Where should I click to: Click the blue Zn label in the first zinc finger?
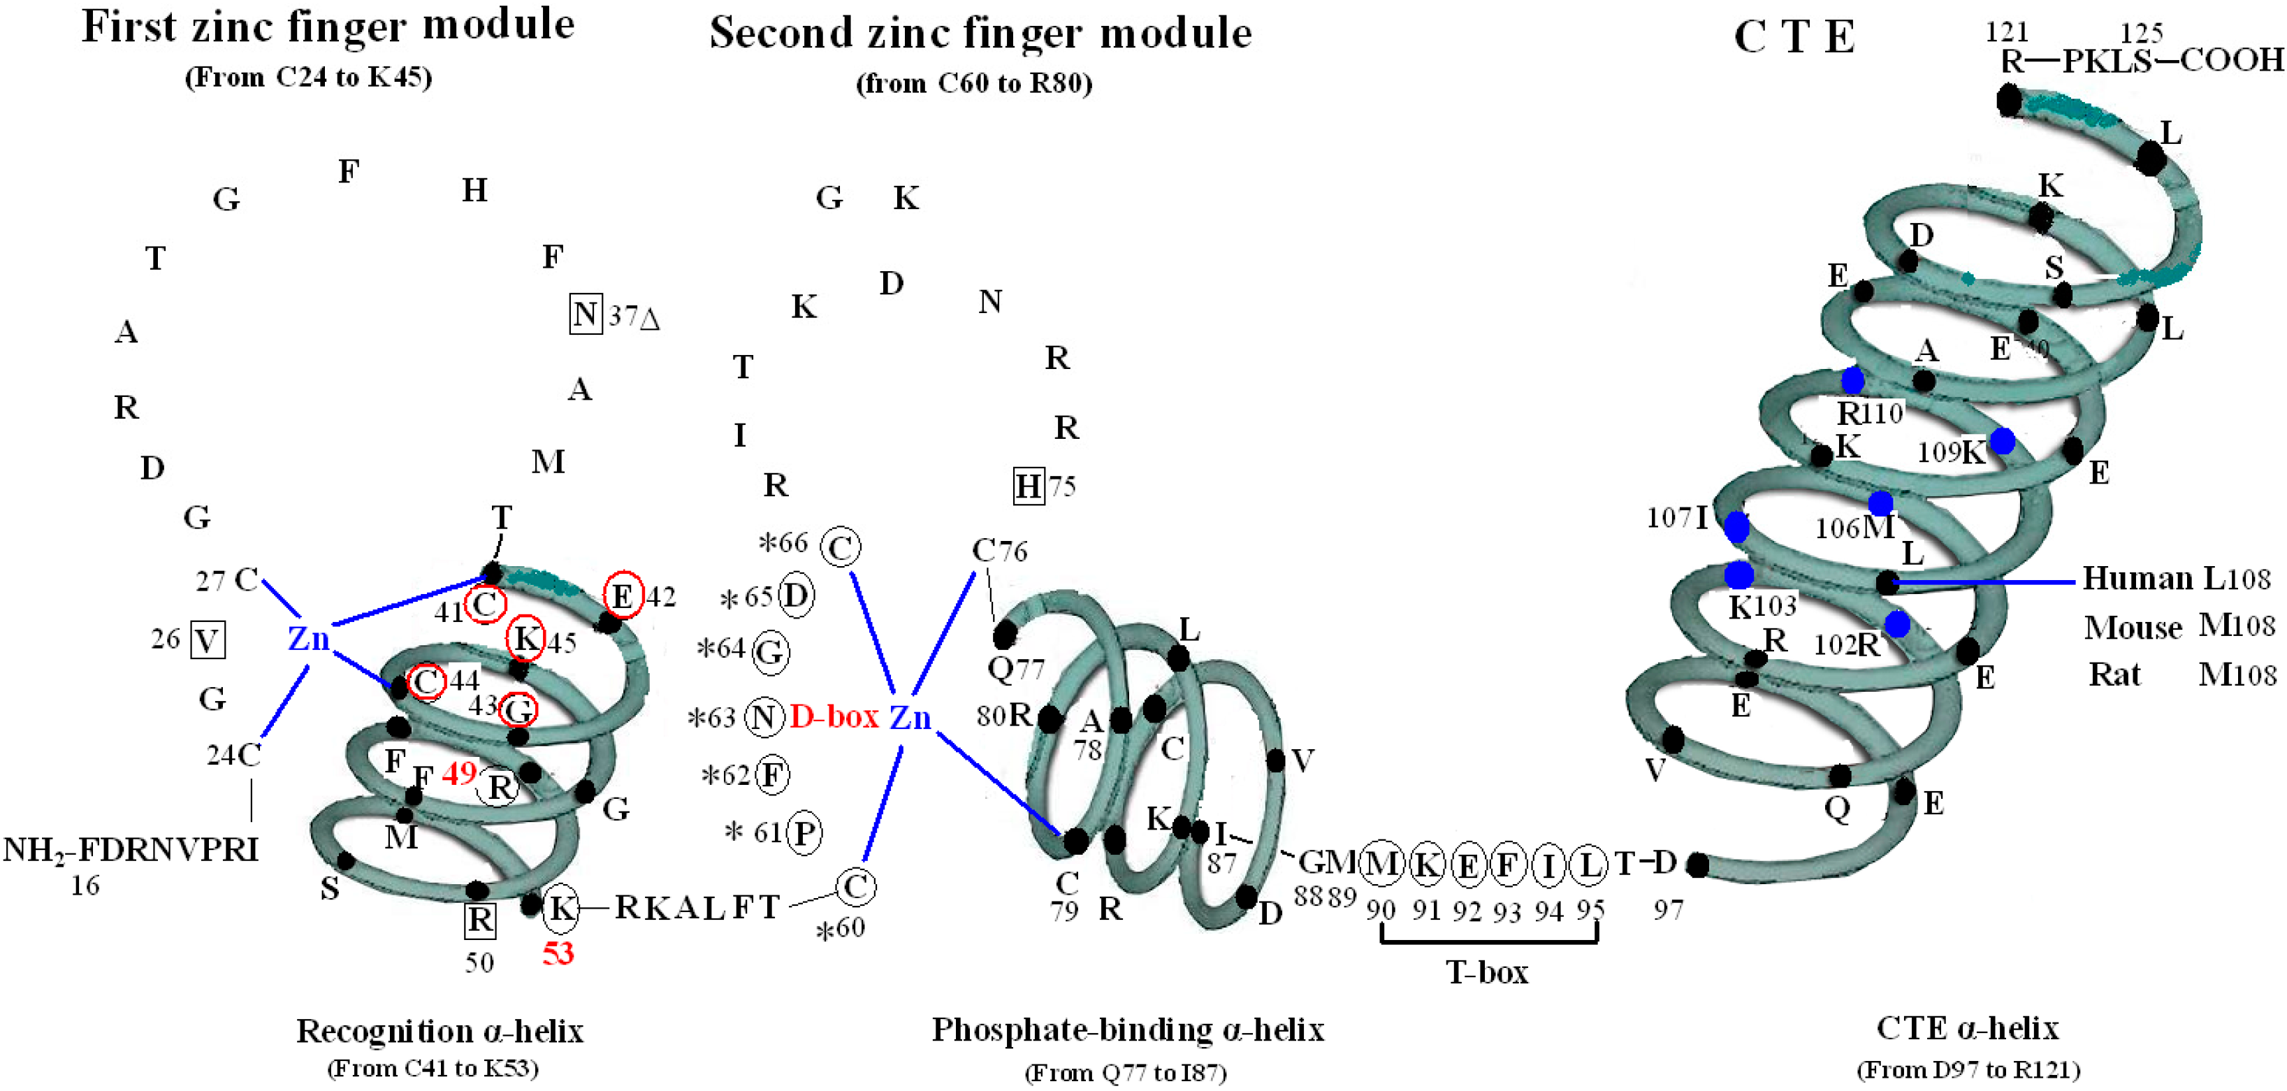pos(308,638)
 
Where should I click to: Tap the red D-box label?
pos(834,716)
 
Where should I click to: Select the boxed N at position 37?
pos(585,315)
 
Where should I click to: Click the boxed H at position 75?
pos(1028,486)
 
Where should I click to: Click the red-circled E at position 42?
pos(623,595)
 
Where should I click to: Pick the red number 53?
pos(558,953)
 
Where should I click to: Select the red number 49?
pos(459,773)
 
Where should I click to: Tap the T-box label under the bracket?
pos(1487,973)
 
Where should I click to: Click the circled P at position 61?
pos(804,832)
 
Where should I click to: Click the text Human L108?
pos(2176,579)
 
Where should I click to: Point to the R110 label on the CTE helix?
pos(1870,413)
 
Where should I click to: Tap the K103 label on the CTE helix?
pos(1762,607)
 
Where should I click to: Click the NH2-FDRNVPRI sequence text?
pos(131,850)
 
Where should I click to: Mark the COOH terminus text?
pos(2230,60)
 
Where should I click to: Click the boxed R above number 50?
pos(480,920)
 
